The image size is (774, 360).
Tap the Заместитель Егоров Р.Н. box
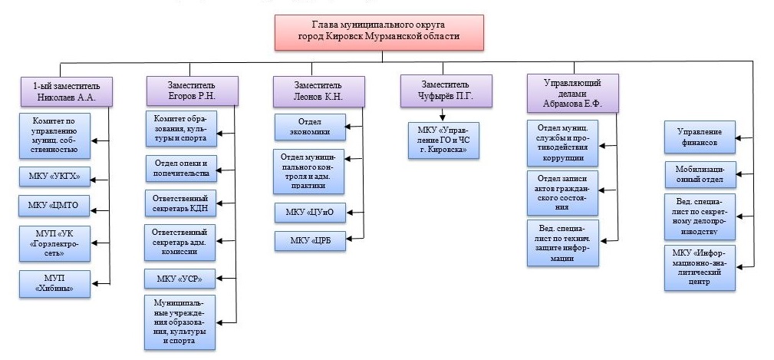point(190,91)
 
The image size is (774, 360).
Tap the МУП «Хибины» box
point(55,283)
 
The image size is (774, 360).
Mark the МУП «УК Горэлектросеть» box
point(55,244)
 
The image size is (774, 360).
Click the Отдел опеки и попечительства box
point(180,167)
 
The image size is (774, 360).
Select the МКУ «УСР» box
point(180,277)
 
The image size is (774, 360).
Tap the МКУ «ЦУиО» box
point(309,213)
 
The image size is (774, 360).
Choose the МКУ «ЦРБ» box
point(309,241)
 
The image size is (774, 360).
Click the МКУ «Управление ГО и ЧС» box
point(443,140)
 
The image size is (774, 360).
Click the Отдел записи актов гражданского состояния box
point(562,191)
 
